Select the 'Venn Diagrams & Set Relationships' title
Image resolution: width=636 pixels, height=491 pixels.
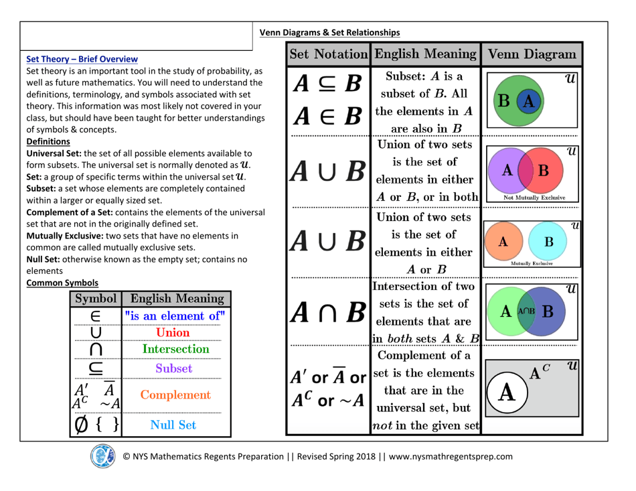point(329,32)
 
